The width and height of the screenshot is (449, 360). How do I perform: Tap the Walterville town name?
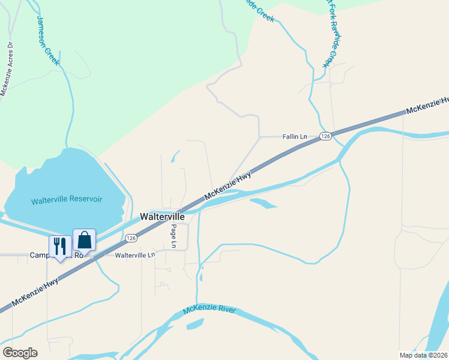162,216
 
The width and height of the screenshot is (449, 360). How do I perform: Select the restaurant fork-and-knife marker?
59,246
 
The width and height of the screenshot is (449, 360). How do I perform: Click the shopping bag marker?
84,240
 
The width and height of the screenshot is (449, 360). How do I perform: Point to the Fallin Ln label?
295,137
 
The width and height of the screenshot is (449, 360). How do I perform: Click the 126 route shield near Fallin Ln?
325,137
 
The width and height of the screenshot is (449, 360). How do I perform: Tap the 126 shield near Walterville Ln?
131,238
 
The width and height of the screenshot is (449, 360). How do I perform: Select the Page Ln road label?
173,236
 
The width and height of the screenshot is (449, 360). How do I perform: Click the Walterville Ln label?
134,255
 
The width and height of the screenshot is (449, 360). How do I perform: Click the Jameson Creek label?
49,40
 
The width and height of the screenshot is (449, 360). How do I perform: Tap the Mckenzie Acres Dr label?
7,69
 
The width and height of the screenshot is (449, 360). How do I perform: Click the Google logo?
20,352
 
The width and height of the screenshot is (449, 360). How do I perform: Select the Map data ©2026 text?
423,355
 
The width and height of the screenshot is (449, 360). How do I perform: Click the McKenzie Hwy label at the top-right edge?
427,106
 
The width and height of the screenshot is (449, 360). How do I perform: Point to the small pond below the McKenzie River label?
195,325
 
